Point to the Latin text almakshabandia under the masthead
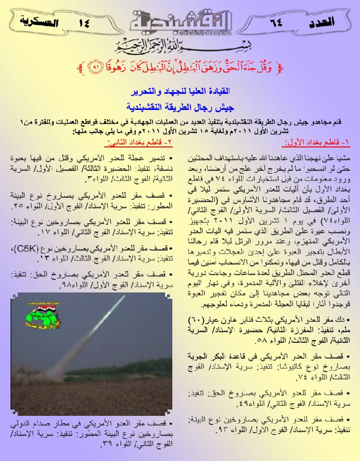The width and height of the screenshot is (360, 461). pos(180,34)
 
